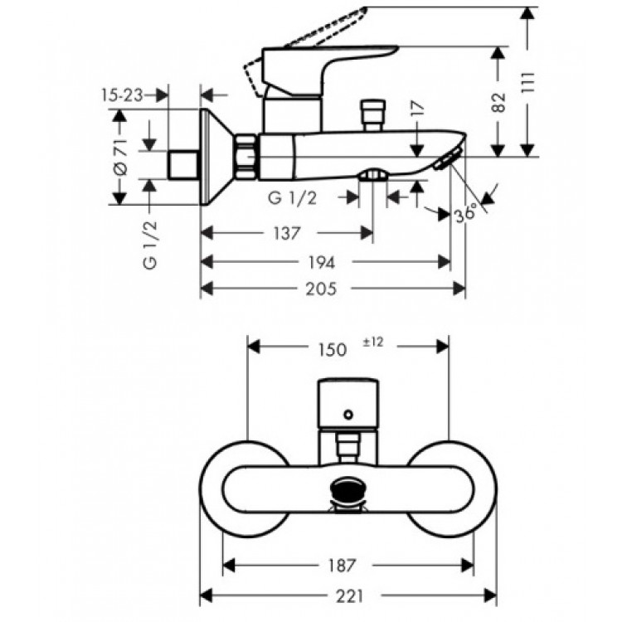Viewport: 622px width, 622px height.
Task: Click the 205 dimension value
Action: click(320, 289)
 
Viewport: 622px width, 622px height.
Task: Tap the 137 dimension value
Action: click(287, 233)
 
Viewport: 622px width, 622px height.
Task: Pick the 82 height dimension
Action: click(499, 102)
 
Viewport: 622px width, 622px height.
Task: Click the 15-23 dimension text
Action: click(122, 95)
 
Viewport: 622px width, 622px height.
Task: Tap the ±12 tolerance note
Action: click(373, 342)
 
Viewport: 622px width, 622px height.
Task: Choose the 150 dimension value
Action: click(332, 350)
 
